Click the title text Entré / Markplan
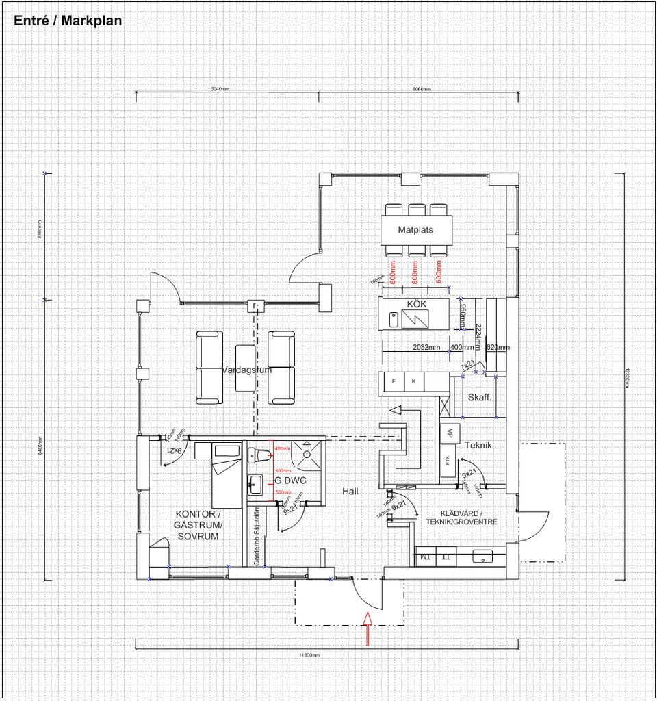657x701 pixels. pos(68,21)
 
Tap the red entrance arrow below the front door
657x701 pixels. pos(367,629)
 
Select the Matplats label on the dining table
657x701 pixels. pos(415,230)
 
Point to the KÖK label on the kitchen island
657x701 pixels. pos(417,303)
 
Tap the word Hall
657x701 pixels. pos(350,492)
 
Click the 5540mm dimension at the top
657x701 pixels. pos(220,90)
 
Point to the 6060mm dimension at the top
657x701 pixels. pos(421,90)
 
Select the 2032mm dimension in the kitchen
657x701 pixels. pos(426,347)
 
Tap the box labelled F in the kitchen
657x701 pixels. pos(394,382)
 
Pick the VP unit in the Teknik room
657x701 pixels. pos(450,433)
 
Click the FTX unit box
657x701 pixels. pos(448,461)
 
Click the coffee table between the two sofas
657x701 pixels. pos(245,368)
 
